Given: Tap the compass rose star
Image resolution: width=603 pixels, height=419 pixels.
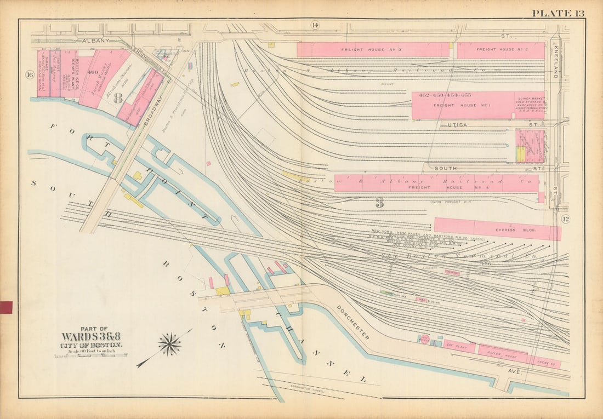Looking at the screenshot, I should tap(169, 344).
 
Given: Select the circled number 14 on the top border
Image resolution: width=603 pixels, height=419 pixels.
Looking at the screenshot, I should tap(315, 25).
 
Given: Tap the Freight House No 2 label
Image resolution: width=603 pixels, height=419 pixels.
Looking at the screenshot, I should tap(501, 50).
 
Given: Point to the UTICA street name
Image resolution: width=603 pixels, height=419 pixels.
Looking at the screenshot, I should tap(457, 125).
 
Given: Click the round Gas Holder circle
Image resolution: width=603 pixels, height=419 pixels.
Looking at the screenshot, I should tap(424, 340).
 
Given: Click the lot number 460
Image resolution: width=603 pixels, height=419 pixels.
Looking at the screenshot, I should tap(92, 72).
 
